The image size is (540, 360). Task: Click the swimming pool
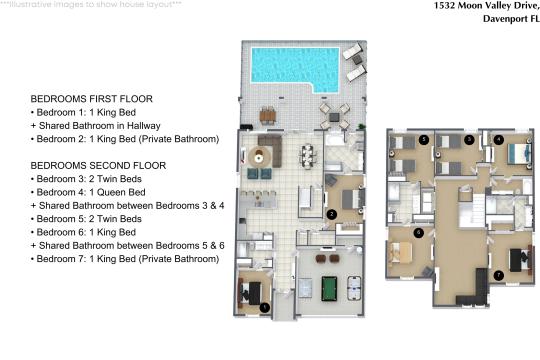(295, 68)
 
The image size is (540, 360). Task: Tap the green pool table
(329, 288)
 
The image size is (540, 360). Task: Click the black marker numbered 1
(264, 307)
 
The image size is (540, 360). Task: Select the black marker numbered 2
(332, 214)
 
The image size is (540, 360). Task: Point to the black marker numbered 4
(498, 140)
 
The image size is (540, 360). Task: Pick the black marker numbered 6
(418, 233)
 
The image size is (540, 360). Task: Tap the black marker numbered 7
(499, 275)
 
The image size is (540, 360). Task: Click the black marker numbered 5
(424, 140)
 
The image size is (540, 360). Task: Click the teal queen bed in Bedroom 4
(519, 153)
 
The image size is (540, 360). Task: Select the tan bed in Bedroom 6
(399, 253)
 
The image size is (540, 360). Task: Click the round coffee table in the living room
(259, 157)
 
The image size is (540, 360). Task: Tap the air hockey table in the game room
(354, 288)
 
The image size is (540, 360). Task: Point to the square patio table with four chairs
(334, 117)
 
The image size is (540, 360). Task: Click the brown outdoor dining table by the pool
(268, 116)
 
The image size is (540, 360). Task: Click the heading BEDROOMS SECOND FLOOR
(98, 165)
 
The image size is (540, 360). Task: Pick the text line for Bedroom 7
(125, 259)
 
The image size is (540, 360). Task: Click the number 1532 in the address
(444, 5)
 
